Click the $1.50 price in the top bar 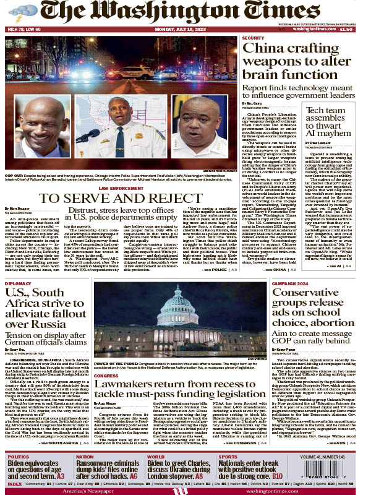click(x=346, y=29)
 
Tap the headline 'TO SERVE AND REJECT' click(x=121, y=197)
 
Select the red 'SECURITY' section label click(x=254, y=38)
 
